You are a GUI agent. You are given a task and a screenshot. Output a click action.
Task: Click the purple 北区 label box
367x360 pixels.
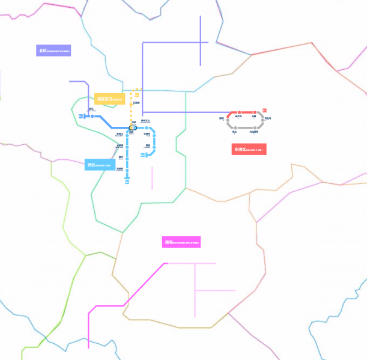click(x=53, y=50)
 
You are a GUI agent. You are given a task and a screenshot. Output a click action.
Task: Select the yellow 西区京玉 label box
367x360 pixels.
click(x=109, y=99)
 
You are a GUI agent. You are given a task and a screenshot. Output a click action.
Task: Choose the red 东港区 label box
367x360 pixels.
click(x=249, y=149)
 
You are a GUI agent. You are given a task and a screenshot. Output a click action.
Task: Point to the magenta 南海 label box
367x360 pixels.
click(x=181, y=242)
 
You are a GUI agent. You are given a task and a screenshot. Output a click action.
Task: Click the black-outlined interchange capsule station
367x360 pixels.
click(x=133, y=127)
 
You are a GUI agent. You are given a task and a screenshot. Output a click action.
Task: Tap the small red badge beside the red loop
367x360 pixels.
click(x=264, y=110)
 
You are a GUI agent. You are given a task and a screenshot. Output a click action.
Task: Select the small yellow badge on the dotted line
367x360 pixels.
click(x=139, y=91)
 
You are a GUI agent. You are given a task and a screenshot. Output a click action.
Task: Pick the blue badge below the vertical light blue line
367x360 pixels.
click(x=127, y=181)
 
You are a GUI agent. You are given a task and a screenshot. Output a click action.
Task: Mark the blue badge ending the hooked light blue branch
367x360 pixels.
click(x=143, y=155)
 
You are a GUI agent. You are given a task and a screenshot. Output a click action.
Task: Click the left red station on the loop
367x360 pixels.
click(x=240, y=112)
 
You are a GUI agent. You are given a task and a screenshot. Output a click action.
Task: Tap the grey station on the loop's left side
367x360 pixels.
click(x=228, y=119)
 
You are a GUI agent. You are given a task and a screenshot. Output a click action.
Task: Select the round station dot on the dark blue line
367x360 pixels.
click(x=93, y=115)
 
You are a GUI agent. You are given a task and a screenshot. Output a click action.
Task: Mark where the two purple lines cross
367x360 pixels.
click(x=201, y=42)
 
